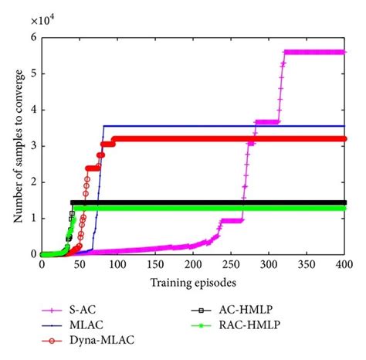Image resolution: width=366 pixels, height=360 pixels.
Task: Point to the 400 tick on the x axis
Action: [344, 264]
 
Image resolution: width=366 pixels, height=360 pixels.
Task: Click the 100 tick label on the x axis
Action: [117, 264]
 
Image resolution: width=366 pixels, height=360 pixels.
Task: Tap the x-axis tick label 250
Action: [230, 264]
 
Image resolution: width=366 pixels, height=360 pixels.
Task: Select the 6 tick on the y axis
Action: [33, 38]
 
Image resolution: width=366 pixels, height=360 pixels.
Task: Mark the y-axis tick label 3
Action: [33, 145]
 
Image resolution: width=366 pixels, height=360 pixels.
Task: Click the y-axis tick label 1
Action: [33, 217]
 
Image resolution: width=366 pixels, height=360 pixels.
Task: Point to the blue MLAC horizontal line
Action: [232, 126]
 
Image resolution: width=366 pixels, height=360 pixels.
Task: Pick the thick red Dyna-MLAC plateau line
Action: [232, 139]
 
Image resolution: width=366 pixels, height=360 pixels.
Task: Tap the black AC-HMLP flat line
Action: [193, 202]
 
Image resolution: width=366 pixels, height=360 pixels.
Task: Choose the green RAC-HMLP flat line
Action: [193, 208]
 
